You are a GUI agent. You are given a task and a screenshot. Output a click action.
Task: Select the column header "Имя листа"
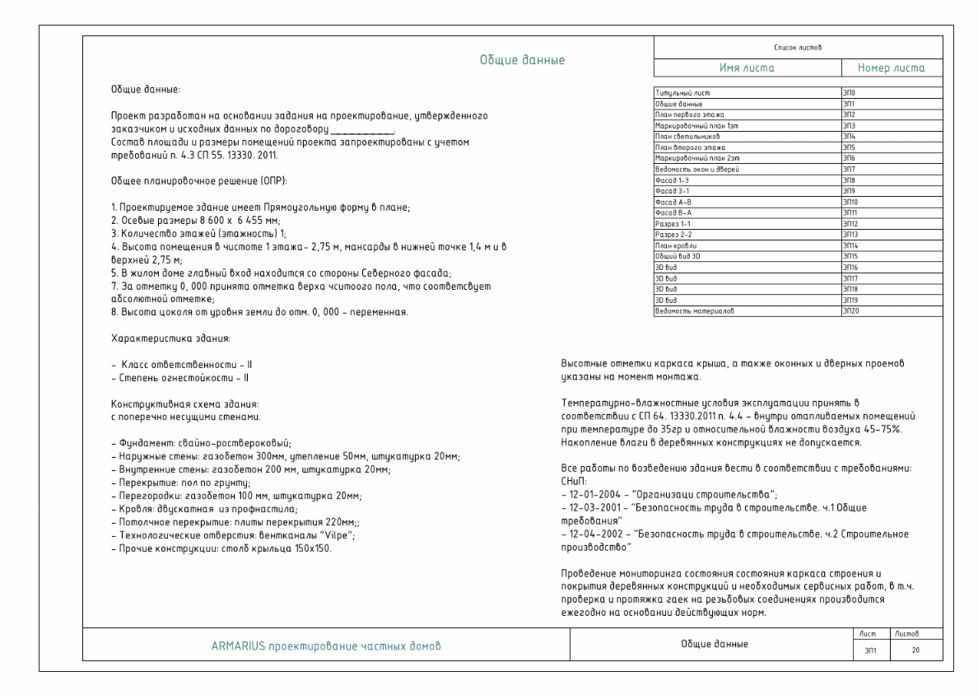(747, 69)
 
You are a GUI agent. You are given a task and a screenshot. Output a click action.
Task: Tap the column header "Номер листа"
(892, 69)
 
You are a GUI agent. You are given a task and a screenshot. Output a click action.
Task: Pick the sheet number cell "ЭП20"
(850, 311)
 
